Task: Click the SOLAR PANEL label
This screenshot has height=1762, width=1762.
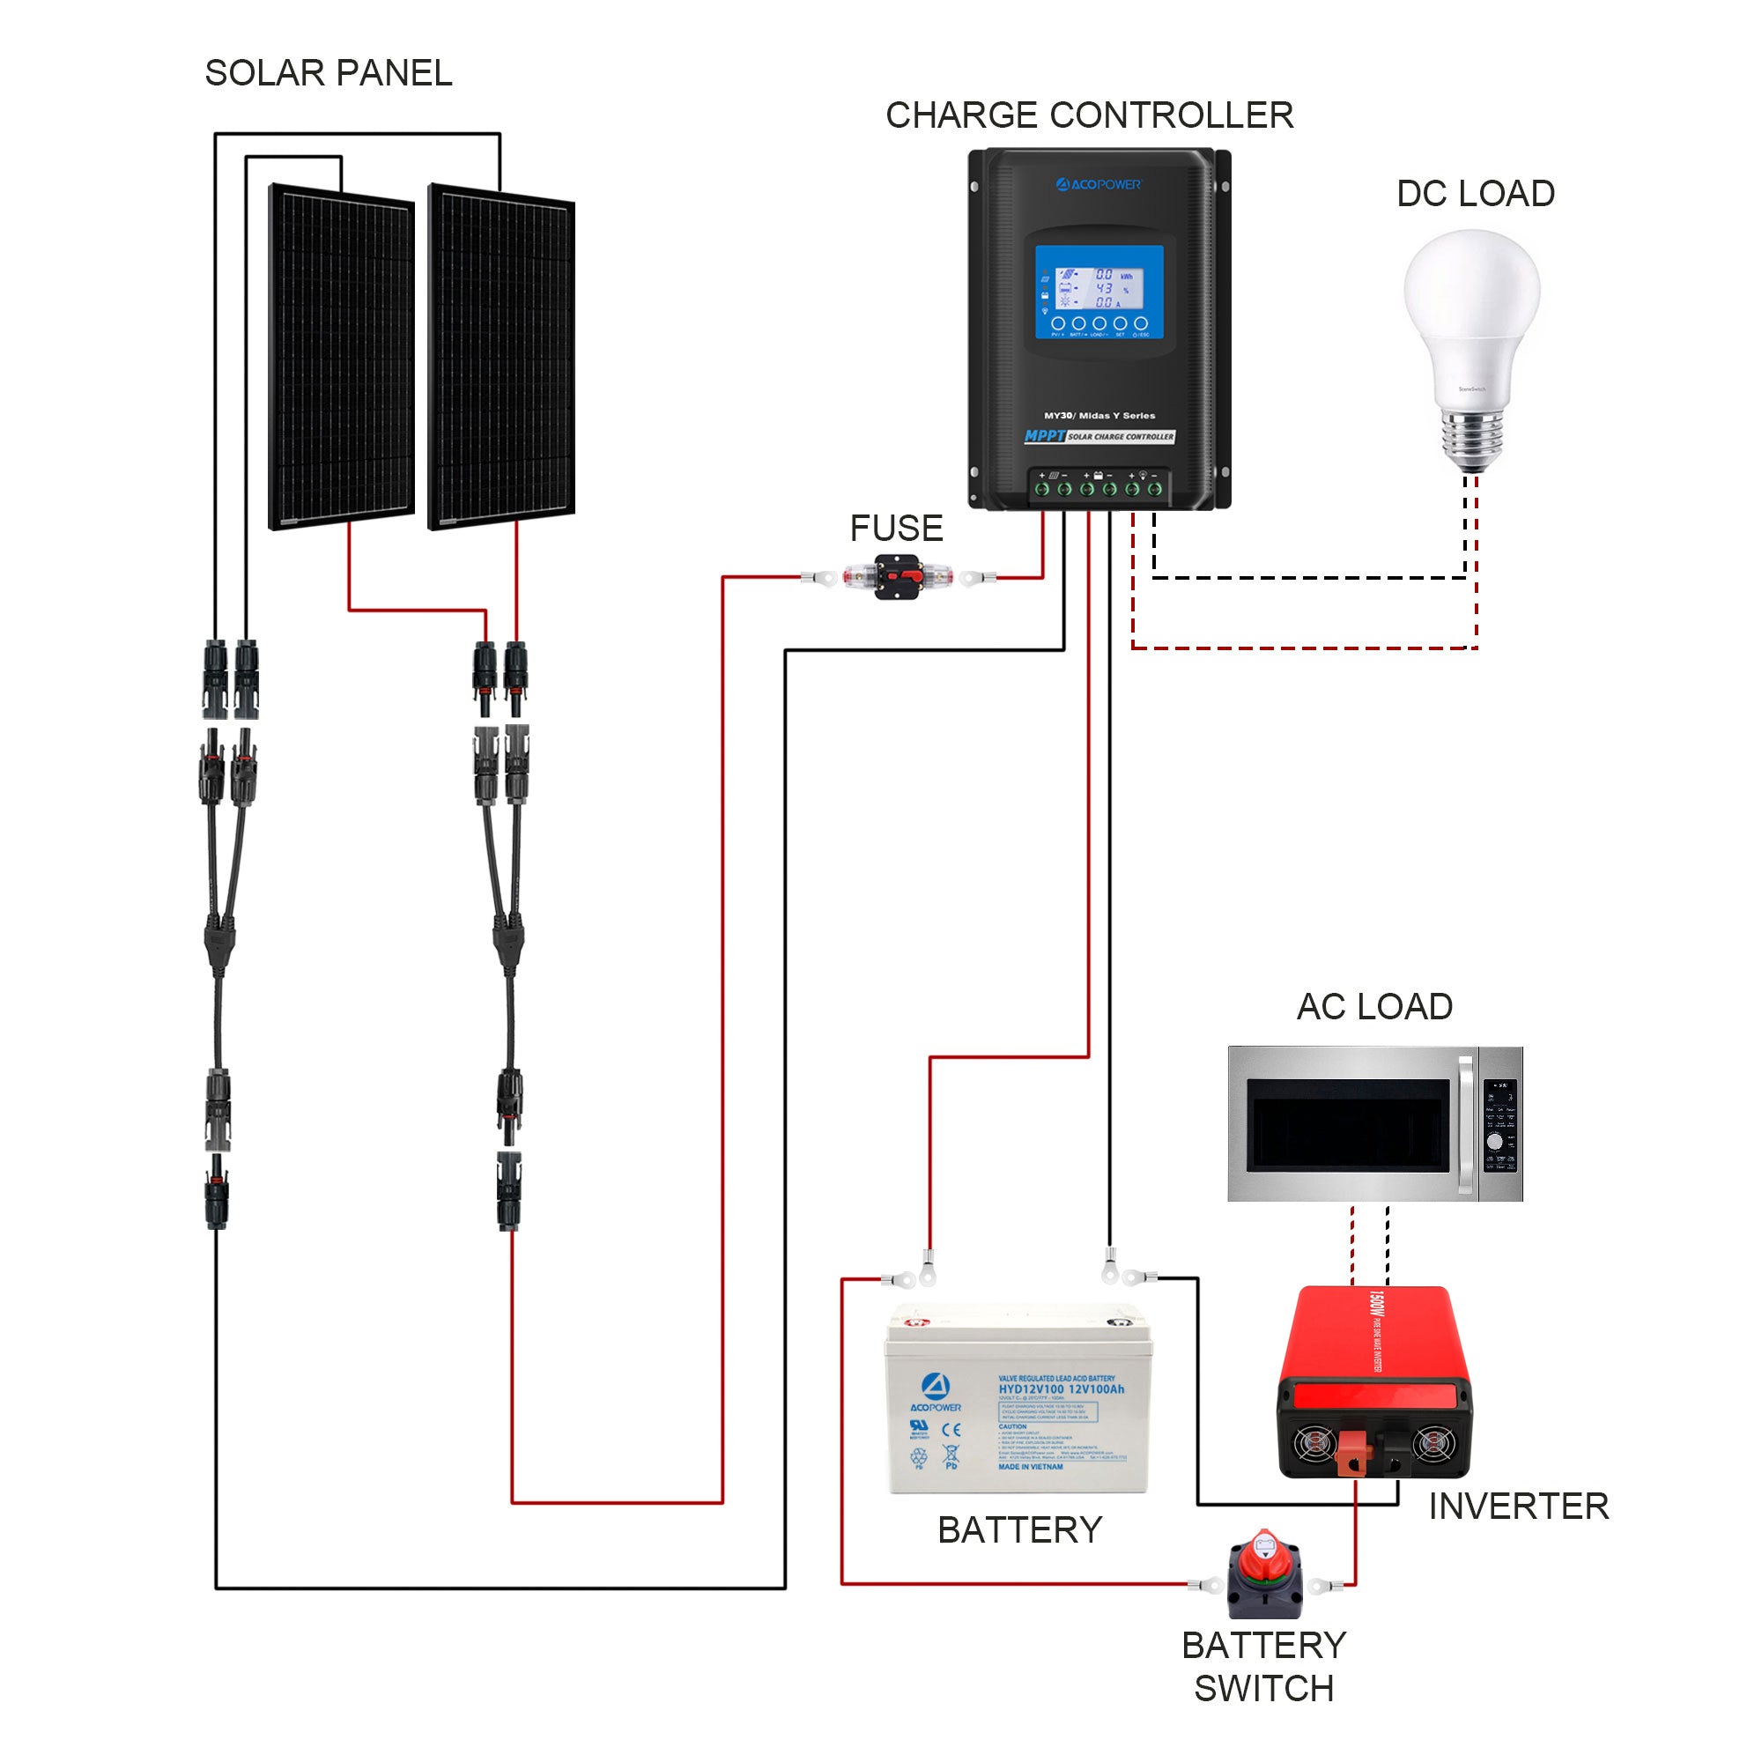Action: click(x=329, y=73)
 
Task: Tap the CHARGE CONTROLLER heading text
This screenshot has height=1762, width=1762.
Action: click(x=1089, y=115)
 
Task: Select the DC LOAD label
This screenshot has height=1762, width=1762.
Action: click(x=1475, y=193)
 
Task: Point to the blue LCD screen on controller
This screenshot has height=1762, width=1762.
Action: click(x=1099, y=292)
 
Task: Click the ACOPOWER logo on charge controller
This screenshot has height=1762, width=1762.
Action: click(x=1098, y=185)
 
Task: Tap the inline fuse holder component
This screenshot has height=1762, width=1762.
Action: click(x=898, y=577)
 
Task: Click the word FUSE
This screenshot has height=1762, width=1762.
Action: click(x=896, y=528)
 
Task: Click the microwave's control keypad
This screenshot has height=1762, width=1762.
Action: click(x=1500, y=1125)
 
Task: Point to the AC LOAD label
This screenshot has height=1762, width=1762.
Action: click(x=1373, y=1007)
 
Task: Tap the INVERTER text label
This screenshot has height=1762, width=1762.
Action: click(x=1518, y=1507)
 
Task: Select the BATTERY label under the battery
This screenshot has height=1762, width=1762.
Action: click(x=1019, y=1530)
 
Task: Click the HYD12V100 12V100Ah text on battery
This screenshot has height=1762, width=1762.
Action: click(x=1061, y=1389)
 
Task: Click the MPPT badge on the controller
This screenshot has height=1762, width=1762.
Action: click(x=1044, y=436)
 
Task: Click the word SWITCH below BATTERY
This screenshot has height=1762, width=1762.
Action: click(x=1263, y=1689)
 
